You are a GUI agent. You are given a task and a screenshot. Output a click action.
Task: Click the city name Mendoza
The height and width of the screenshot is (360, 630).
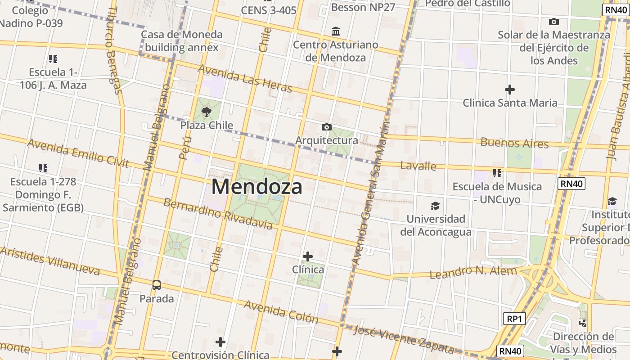pos(256,187)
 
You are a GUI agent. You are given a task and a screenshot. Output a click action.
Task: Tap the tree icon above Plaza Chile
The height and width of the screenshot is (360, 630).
pos(207,112)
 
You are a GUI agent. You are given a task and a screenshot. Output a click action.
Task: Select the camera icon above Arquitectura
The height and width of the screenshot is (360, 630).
pos(327,127)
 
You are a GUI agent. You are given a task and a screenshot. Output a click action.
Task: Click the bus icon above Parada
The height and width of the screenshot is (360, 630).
pos(156,285)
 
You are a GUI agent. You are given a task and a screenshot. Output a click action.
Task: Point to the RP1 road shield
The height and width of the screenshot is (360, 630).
pos(514,319)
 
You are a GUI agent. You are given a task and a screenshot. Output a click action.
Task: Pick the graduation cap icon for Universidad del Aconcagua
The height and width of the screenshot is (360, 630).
pos(435,206)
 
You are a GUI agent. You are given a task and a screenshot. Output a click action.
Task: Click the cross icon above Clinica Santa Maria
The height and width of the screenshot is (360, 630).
pos(509,90)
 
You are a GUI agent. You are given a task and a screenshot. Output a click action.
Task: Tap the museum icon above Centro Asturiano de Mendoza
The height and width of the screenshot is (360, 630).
pos(336,31)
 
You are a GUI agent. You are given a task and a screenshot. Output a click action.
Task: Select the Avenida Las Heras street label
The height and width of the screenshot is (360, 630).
pos(245,78)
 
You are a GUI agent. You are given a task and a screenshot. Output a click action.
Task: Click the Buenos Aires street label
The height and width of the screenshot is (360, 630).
pos(514,143)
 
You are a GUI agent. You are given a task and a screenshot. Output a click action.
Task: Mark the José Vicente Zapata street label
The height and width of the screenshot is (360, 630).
pos(404,339)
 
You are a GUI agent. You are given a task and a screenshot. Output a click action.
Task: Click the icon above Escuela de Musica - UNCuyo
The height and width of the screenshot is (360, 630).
pos(497,173)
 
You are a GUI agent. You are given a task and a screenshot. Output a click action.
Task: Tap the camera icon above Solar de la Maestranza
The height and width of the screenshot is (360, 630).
pos(554,22)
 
